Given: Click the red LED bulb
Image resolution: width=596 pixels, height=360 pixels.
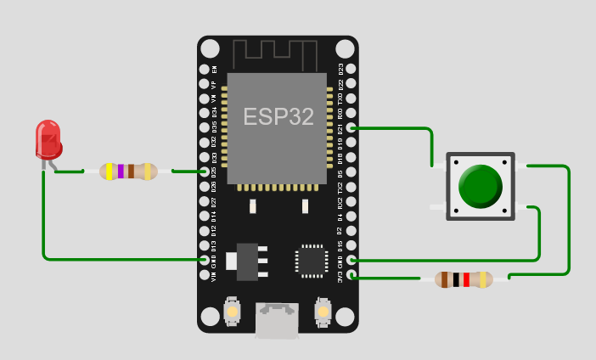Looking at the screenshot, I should pos(48,139).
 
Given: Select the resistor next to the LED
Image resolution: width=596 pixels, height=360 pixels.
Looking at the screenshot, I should pos(128,172).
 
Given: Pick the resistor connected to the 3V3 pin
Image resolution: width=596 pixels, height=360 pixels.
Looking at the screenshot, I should pos(464,279).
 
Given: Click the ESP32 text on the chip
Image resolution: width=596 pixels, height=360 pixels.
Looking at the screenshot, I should pos(278,117).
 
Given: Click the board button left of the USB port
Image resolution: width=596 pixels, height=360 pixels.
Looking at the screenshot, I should pos(232,312).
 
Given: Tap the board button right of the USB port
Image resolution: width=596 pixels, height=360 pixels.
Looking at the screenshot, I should pos(323,312).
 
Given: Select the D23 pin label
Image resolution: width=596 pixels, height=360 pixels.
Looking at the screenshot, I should pos(340,69).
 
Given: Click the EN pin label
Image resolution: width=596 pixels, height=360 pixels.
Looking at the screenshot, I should pos(214,69).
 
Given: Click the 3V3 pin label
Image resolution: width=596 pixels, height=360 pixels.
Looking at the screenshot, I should pos(340,276).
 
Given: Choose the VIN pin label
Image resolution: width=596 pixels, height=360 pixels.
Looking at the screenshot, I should pos(214,276).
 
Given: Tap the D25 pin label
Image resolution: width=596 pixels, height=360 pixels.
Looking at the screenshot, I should pos(214,187).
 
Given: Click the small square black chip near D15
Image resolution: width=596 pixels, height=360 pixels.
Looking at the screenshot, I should pos(312,261).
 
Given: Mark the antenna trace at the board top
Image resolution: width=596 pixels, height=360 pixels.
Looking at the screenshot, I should pos(277,51).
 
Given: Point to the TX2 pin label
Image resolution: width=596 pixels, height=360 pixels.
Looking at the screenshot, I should pos(340,187).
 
